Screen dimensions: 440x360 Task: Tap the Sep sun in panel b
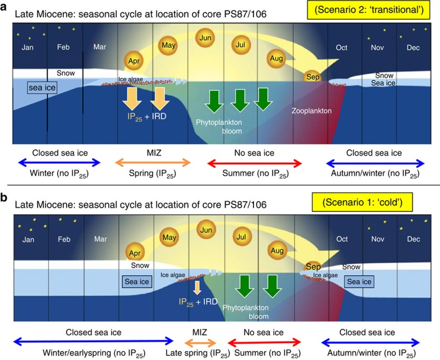click(313, 267)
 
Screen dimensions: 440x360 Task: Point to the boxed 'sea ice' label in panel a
click(41, 88)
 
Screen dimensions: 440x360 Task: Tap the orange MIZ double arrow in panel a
click(152, 163)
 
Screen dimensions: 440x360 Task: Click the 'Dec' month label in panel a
click(413, 49)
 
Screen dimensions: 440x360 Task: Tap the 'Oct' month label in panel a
click(341, 49)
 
